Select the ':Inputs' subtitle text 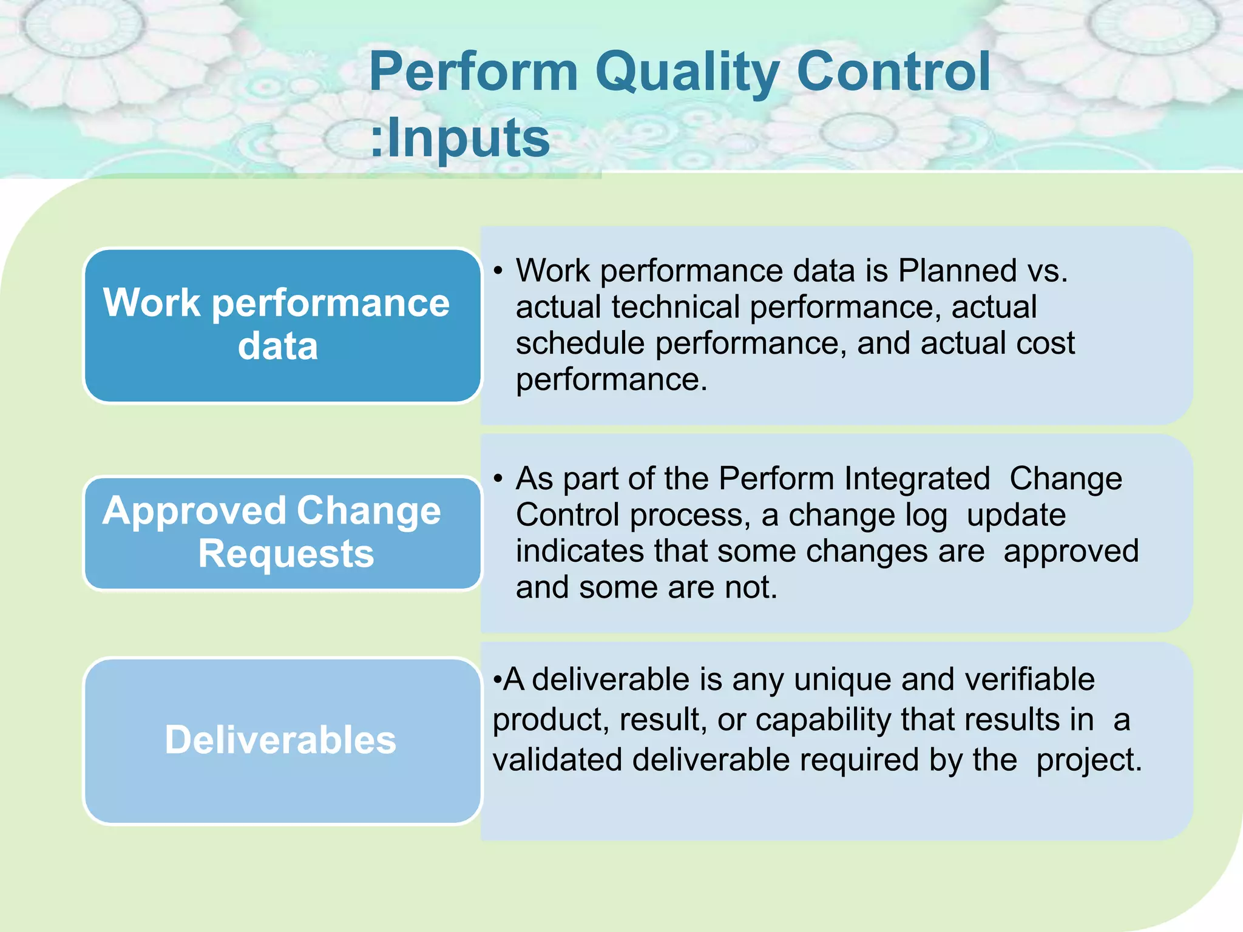point(460,138)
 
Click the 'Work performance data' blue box point(282,325)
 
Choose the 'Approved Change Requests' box point(282,533)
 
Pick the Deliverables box point(282,740)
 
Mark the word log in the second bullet point(926,516)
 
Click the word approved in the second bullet point(1071,552)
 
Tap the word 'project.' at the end point(1089,760)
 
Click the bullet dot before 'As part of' point(498,479)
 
